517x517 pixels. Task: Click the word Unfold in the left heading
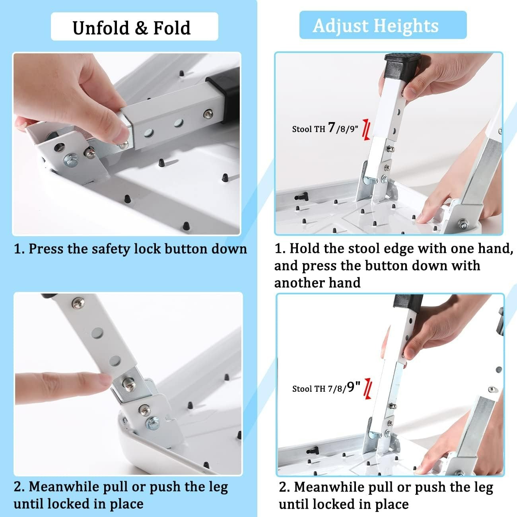point(100,27)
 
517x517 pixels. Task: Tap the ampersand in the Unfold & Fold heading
point(141,28)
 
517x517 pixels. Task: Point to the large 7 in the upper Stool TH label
point(332,127)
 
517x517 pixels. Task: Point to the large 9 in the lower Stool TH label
point(350,387)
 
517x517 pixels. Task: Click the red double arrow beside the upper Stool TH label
point(367,130)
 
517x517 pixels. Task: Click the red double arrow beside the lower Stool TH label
point(368,389)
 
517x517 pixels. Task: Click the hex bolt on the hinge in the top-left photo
point(71,161)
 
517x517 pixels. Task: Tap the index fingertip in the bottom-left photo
point(103,380)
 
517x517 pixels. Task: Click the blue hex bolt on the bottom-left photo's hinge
point(152,423)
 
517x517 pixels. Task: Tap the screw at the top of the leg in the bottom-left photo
point(78,303)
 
